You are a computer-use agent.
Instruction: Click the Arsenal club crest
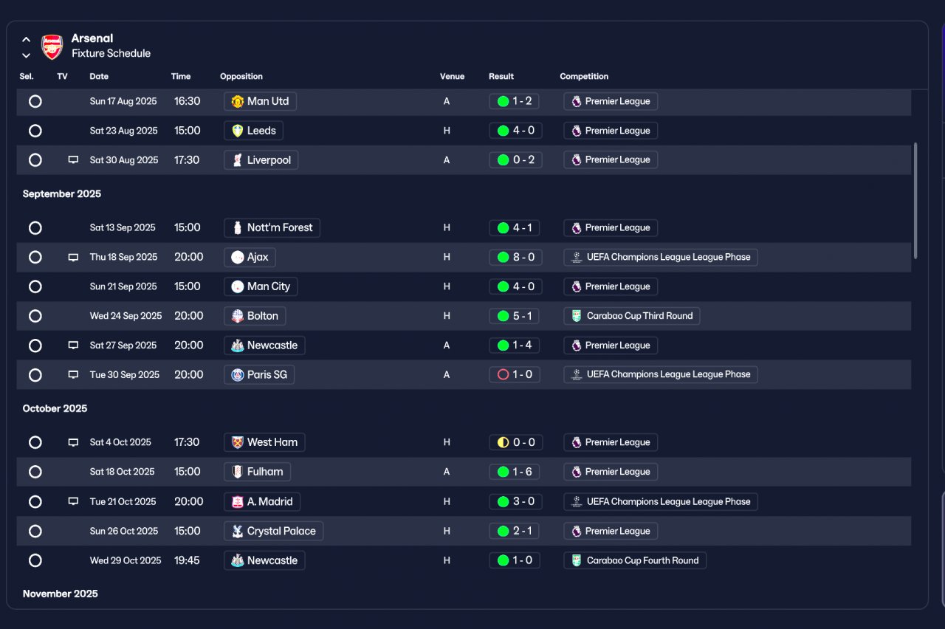pyautogui.click(x=52, y=47)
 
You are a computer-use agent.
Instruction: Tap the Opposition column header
pyautogui.click(x=241, y=76)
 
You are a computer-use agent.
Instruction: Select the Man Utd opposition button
pyautogui.click(x=260, y=101)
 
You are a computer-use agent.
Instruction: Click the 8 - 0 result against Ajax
pyautogui.click(x=515, y=257)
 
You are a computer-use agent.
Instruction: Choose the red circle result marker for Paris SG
pyautogui.click(x=503, y=374)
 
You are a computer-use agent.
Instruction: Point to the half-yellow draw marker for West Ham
pyautogui.click(x=503, y=442)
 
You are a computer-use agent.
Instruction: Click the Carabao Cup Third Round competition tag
pyautogui.click(x=631, y=316)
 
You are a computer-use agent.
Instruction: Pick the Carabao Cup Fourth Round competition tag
pyautogui.click(x=635, y=560)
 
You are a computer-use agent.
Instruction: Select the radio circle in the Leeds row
pyautogui.click(x=35, y=131)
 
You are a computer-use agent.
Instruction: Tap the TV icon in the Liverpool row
pyautogui.click(x=73, y=160)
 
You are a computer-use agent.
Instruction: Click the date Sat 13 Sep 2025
pyautogui.click(x=123, y=228)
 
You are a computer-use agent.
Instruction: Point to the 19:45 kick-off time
pyautogui.click(x=187, y=560)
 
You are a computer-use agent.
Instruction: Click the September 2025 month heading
pyautogui.click(x=61, y=193)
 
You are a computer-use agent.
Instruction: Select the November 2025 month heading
pyautogui.click(x=60, y=594)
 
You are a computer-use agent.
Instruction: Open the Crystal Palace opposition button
pyautogui.click(x=273, y=531)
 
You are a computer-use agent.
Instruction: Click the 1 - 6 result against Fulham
pyautogui.click(x=515, y=472)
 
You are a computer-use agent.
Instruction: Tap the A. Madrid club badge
pyautogui.click(x=238, y=501)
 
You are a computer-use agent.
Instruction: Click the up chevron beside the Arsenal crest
pyautogui.click(x=26, y=40)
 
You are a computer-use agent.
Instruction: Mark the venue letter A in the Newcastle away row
pyautogui.click(x=447, y=346)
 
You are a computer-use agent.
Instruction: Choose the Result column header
pyautogui.click(x=501, y=76)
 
